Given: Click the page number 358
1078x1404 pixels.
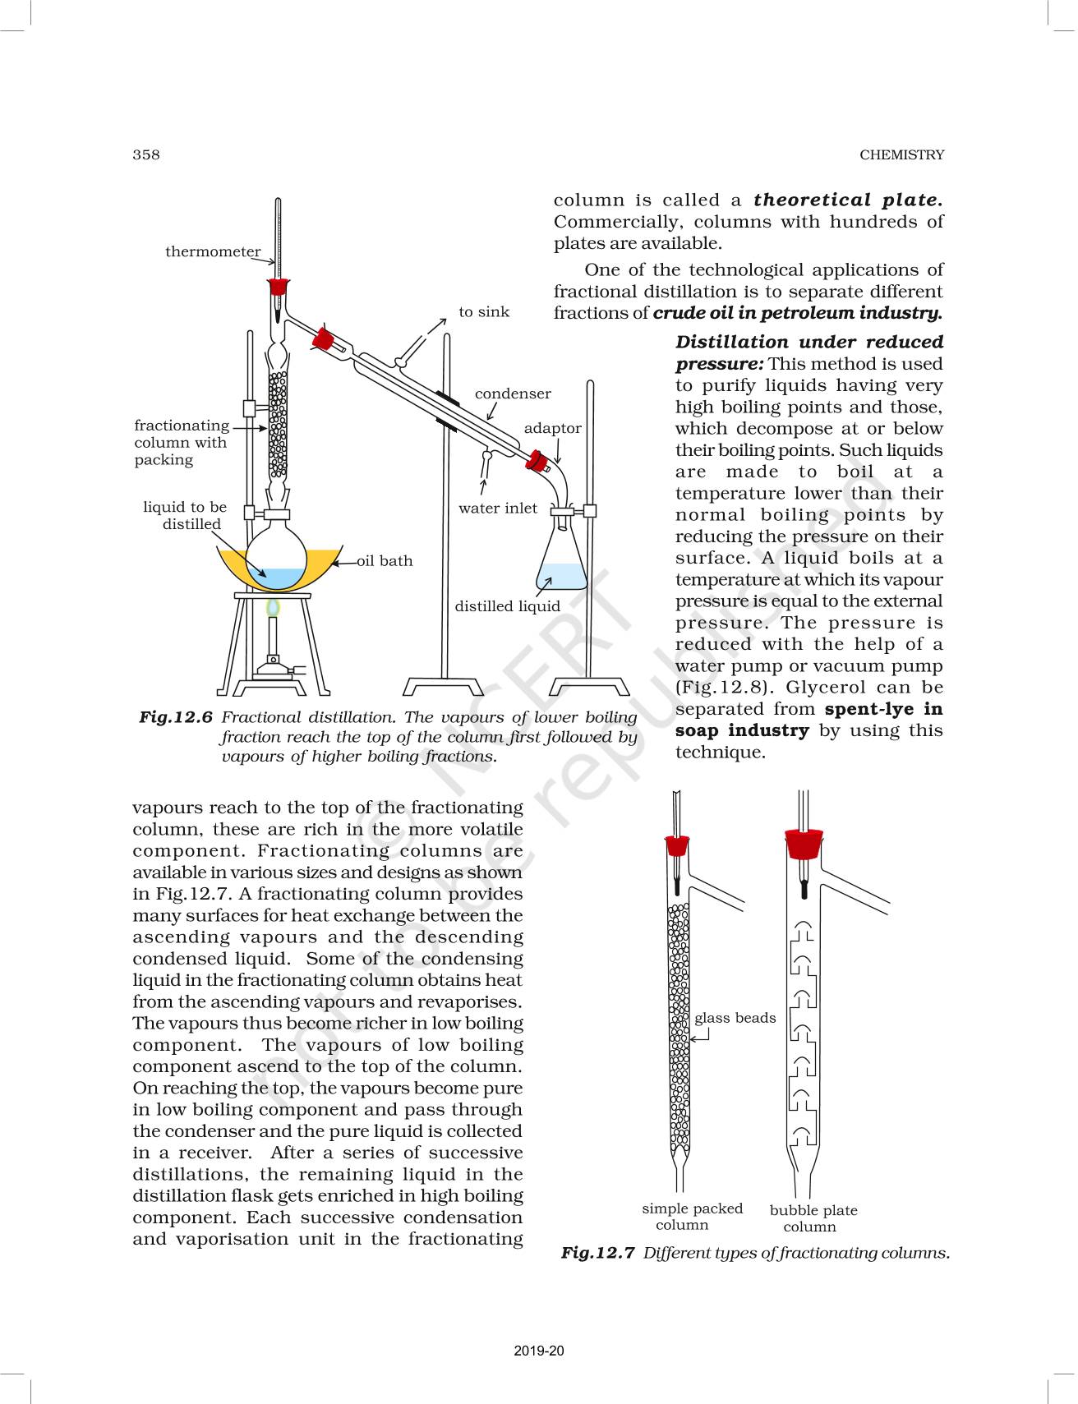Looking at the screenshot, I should click(146, 154).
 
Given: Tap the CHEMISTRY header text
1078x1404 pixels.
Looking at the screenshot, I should click(901, 154).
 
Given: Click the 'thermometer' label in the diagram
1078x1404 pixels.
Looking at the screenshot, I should click(213, 251).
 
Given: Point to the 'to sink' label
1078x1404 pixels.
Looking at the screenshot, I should click(484, 312).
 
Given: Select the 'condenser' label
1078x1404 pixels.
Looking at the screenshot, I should click(513, 394).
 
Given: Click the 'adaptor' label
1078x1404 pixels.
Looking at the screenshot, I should click(552, 428).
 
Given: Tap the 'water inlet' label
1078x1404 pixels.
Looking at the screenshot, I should click(497, 508).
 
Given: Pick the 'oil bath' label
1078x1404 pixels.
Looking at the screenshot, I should click(385, 561).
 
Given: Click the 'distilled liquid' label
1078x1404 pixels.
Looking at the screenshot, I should click(507, 606).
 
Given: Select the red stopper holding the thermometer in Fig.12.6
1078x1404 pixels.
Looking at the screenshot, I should click(279, 287).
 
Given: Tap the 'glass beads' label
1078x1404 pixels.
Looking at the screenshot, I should click(735, 1018).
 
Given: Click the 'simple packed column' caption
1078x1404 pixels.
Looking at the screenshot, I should click(691, 1217).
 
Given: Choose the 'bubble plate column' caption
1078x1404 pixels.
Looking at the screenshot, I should click(813, 1218).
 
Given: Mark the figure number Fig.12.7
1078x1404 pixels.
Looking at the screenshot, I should click(597, 1253).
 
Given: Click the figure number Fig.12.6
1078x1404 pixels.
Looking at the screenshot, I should click(175, 717).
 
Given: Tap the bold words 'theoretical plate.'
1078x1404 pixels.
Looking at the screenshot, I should click(847, 200).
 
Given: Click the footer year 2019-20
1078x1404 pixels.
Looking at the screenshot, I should click(539, 1351).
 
